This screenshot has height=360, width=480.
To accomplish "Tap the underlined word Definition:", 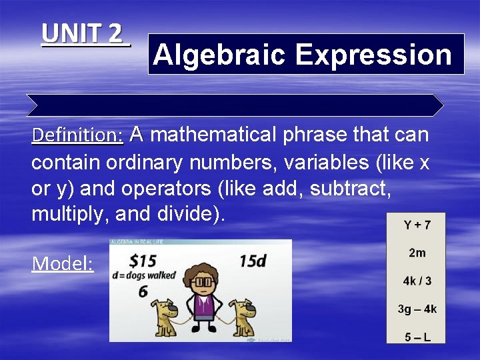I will (x=77, y=136).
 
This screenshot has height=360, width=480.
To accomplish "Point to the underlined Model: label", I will (x=63, y=264).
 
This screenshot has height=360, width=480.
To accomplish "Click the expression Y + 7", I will (x=417, y=225).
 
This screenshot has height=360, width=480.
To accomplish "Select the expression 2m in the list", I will (x=417, y=253).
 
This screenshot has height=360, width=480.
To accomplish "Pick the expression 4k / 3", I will (x=417, y=281).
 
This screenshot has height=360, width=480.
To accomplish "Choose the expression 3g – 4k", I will (x=417, y=309).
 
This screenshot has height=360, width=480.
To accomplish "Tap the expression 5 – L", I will (x=417, y=337).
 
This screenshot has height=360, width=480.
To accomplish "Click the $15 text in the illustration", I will (x=143, y=259).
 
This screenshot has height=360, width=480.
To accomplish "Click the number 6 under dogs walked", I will (x=143, y=291).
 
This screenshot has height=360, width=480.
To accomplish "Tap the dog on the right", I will (x=239, y=317).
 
